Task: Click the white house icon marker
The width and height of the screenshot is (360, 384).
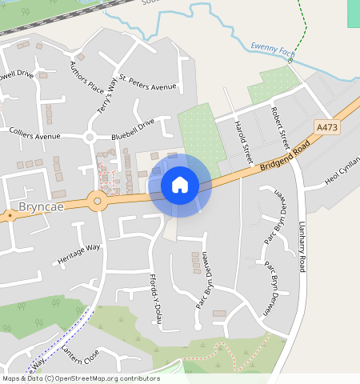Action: (180, 185)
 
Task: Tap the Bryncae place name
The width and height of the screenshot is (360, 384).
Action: (39, 213)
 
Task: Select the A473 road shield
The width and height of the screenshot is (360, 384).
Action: (326, 127)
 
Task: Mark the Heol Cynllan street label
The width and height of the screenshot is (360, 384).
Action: (342, 172)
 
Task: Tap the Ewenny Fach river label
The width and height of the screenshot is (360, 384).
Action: (272, 49)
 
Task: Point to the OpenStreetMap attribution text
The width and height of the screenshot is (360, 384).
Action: (82, 378)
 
